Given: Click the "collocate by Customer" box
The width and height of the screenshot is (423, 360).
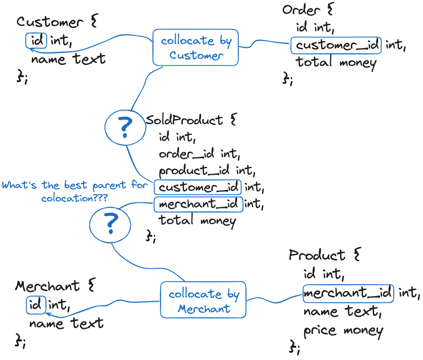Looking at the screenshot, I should pyautogui.click(x=195, y=47).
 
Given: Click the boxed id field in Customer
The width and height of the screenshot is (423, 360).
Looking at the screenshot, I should pyautogui.click(x=36, y=40).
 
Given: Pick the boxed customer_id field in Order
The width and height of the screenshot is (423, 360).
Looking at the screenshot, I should pyautogui.click(x=336, y=45).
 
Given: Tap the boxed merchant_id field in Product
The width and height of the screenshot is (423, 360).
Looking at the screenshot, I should pyautogui.click(x=348, y=293).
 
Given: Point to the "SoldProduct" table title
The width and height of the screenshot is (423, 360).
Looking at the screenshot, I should pyautogui.click(x=184, y=120).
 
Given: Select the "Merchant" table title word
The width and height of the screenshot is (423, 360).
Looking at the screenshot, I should pyautogui.click(x=47, y=286).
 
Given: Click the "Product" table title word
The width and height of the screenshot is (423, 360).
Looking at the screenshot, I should pyautogui.click(x=317, y=255).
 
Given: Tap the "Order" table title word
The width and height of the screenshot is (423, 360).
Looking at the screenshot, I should pyautogui.click(x=302, y=10).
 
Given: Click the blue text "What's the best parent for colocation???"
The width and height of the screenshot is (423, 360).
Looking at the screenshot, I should pyautogui.click(x=74, y=191).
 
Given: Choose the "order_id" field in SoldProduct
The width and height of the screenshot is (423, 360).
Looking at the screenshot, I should pyautogui.click(x=187, y=154).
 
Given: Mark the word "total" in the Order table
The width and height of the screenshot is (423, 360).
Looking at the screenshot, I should pyautogui.click(x=314, y=62).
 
